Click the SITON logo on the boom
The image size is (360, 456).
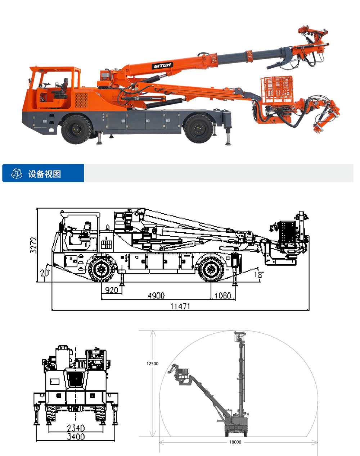(162, 65)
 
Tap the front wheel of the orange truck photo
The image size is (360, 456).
(77, 129)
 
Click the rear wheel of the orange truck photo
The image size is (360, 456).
(199, 129)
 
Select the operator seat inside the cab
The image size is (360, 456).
(62, 89)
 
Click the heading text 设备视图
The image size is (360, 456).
(45, 174)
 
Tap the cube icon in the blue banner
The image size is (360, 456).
(17, 174)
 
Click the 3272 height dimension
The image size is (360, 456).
(33, 245)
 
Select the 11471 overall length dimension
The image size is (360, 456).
(180, 306)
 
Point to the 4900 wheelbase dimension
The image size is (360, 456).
(156, 295)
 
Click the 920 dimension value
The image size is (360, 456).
(112, 290)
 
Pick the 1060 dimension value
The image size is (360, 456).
(223, 295)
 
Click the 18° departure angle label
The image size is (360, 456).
(259, 275)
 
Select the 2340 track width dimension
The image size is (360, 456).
(76, 428)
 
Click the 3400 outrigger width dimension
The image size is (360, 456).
(76, 437)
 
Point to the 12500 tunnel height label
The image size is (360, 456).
(152, 364)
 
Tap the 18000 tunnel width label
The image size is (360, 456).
(235, 442)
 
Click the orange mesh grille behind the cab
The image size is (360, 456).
(81, 100)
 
